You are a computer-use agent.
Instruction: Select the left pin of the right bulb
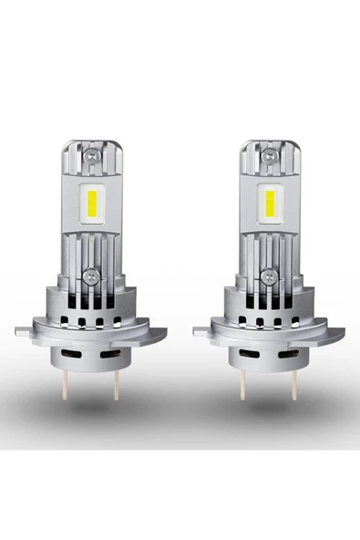[242, 384]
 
